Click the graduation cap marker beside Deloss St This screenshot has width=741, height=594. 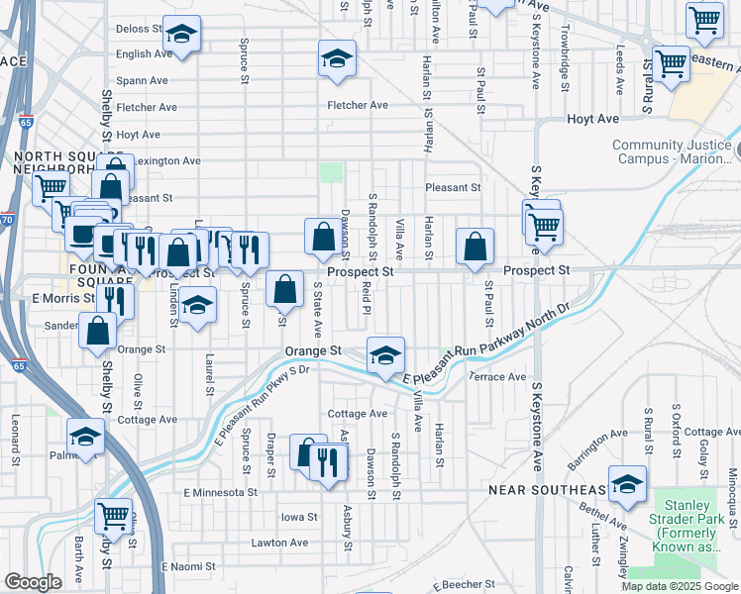181,34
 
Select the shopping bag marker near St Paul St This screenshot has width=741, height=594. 476,247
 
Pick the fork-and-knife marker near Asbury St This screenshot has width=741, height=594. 328,461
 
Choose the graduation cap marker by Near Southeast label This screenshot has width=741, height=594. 627,484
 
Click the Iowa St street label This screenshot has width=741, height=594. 298,517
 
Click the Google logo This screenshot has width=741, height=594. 33,582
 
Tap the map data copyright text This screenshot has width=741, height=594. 681,586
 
